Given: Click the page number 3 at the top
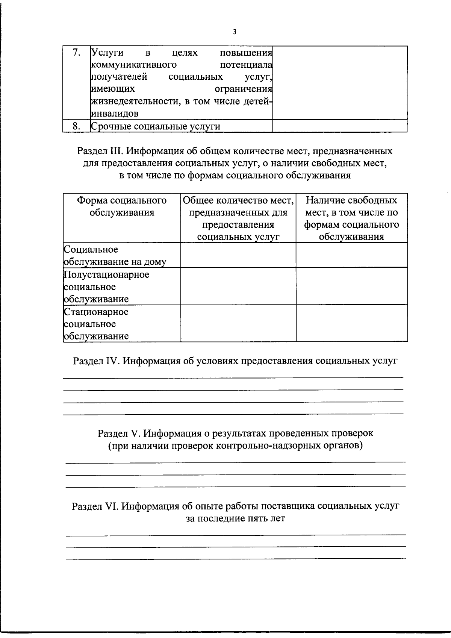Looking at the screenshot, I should pos(235,32).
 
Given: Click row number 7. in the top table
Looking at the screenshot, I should pos(76,53).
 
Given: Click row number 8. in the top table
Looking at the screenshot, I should pos(76,126).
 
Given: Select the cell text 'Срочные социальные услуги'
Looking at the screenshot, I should pos(156,127).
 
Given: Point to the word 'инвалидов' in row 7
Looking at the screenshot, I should pos(115,114).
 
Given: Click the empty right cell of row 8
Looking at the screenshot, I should pos(340,126).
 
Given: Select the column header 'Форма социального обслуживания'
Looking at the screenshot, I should pos(122,206).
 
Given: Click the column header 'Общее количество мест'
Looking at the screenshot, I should pos(238,200).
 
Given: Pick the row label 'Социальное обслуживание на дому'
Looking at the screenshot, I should pos(115,256).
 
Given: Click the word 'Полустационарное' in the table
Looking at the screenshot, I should pos(107,275).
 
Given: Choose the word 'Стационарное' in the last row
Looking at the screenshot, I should pos(96,312).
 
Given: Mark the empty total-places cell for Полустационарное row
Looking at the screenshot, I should pos(238,286).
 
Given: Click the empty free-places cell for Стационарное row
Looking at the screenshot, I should pos(351,323).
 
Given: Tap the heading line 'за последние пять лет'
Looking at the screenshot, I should pos(235,518).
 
